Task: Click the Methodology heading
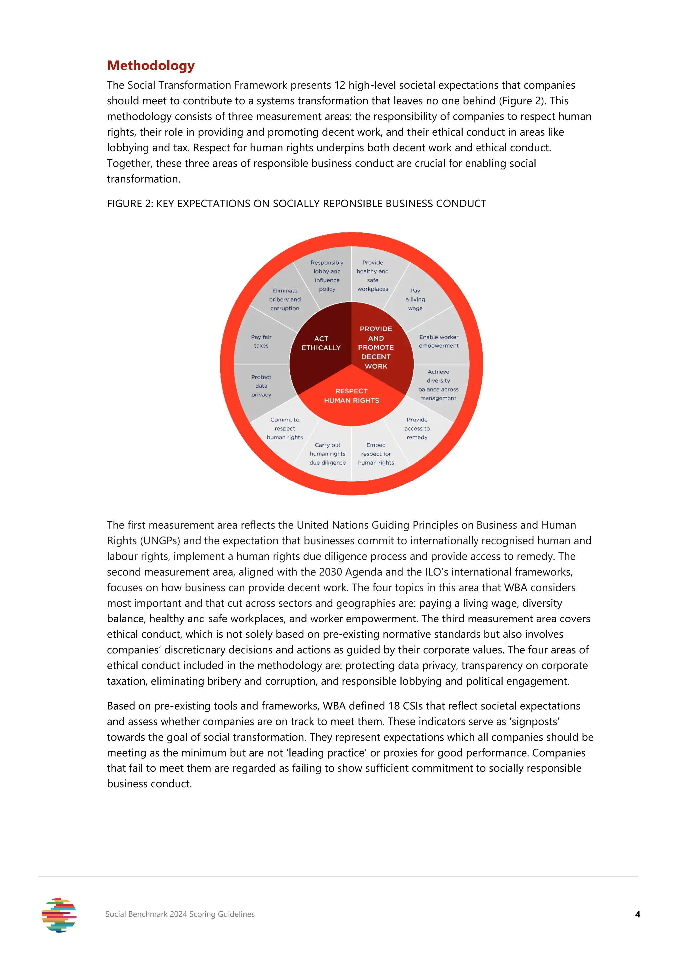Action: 151,66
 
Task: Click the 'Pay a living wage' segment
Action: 415,300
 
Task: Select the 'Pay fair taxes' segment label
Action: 261,342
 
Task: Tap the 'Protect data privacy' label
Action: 261,386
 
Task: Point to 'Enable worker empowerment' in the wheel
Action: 438,342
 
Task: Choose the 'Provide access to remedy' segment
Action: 417,428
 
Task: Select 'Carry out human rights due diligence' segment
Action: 328,454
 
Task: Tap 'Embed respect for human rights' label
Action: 376,454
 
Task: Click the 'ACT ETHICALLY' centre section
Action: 321,343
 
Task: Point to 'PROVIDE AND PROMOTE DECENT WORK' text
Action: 376,347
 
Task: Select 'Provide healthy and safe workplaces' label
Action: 373,276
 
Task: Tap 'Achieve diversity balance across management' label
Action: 438,385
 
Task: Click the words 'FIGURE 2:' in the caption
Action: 130,204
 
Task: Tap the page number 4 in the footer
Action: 637,914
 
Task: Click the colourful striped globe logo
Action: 59,915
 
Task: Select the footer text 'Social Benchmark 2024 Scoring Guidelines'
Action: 180,914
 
